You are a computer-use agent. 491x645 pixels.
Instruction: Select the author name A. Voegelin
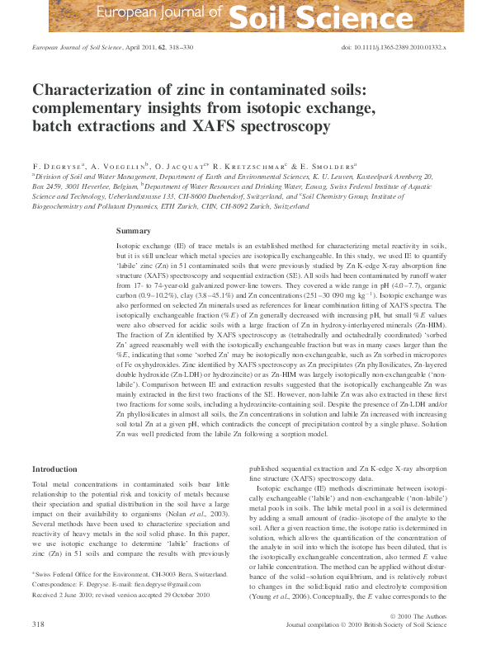[x=118, y=166]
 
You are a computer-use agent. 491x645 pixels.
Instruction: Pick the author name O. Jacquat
[x=185, y=166]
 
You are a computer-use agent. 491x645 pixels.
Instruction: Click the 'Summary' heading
[x=133, y=231]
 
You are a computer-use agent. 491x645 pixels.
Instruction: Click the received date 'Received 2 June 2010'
[x=66, y=594]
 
